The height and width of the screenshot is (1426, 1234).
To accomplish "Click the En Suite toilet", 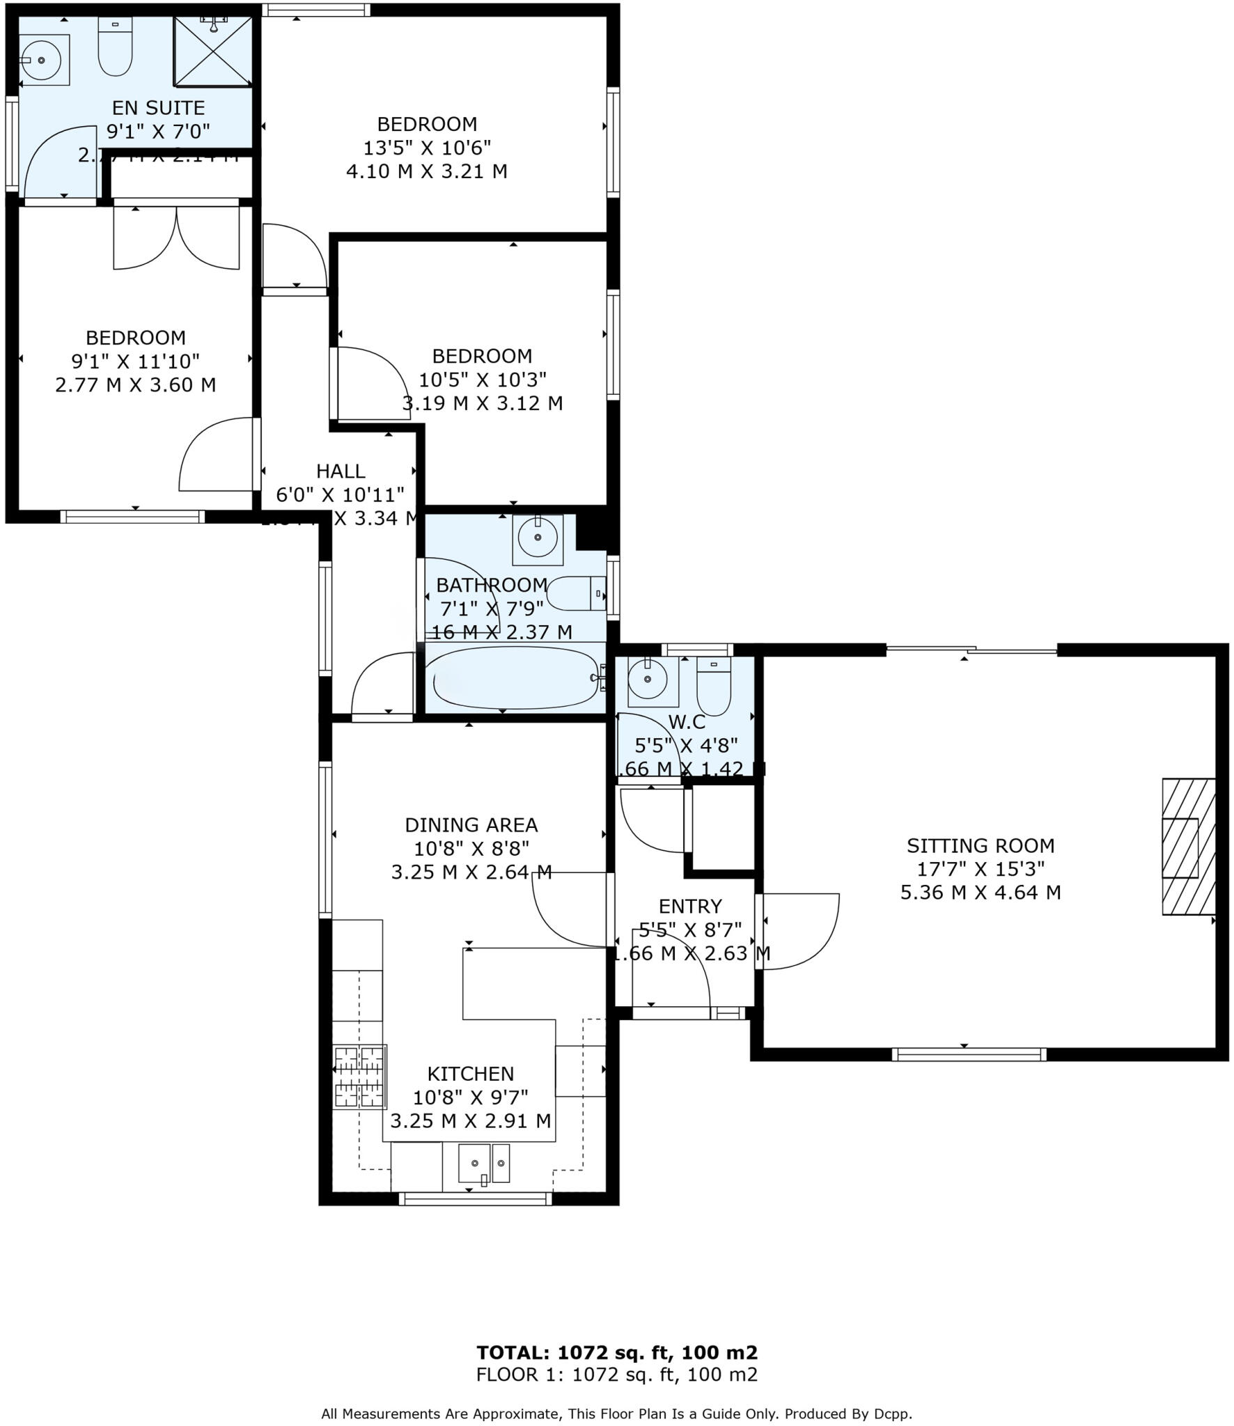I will (x=115, y=47).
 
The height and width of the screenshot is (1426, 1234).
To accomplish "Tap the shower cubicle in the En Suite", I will (x=212, y=52).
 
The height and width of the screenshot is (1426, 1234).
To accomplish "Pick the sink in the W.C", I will (x=648, y=677).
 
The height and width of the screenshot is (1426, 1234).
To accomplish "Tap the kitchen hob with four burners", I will (x=359, y=1076).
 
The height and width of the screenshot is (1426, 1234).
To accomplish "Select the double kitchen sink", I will (x=483, y=1163).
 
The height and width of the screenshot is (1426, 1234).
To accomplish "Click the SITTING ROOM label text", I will (x=980, y=846).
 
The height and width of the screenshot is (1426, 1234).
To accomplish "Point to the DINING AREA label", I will (x=471, y=825).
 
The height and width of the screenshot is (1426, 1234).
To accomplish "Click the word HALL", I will (x=341, y=471).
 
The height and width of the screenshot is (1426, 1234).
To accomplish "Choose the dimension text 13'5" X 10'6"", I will (x=427, y=148).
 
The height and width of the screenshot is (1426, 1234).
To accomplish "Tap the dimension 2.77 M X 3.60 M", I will (x=135, y=384).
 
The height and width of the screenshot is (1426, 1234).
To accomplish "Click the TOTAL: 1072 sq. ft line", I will (x=616, y=1353).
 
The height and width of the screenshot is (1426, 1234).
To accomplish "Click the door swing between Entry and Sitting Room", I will (x=797, y=931).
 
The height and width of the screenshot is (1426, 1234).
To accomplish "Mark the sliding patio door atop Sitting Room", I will (x=971, y=650).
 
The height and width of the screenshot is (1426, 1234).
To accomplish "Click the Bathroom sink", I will (x=538, y=538).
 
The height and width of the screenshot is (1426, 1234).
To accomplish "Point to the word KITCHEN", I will (x=470, y=1074).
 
